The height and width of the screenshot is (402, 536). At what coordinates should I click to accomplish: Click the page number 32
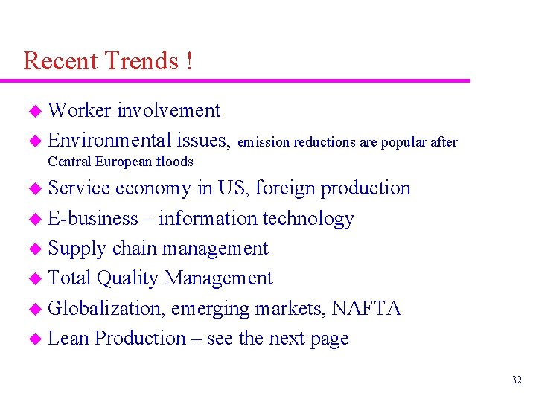(x=517, y=380)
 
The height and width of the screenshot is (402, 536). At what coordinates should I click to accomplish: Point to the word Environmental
(x=109, y=141)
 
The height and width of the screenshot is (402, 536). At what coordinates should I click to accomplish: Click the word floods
(x=175, y=162)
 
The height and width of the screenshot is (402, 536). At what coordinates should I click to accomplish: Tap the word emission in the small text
(x=264, y=142)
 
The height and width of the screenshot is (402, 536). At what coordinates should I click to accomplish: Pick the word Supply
(x=77, y=249)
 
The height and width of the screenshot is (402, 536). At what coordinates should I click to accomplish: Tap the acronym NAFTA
(x=366, y=308)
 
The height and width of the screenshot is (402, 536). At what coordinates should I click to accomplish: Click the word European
(x=121, y=162)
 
